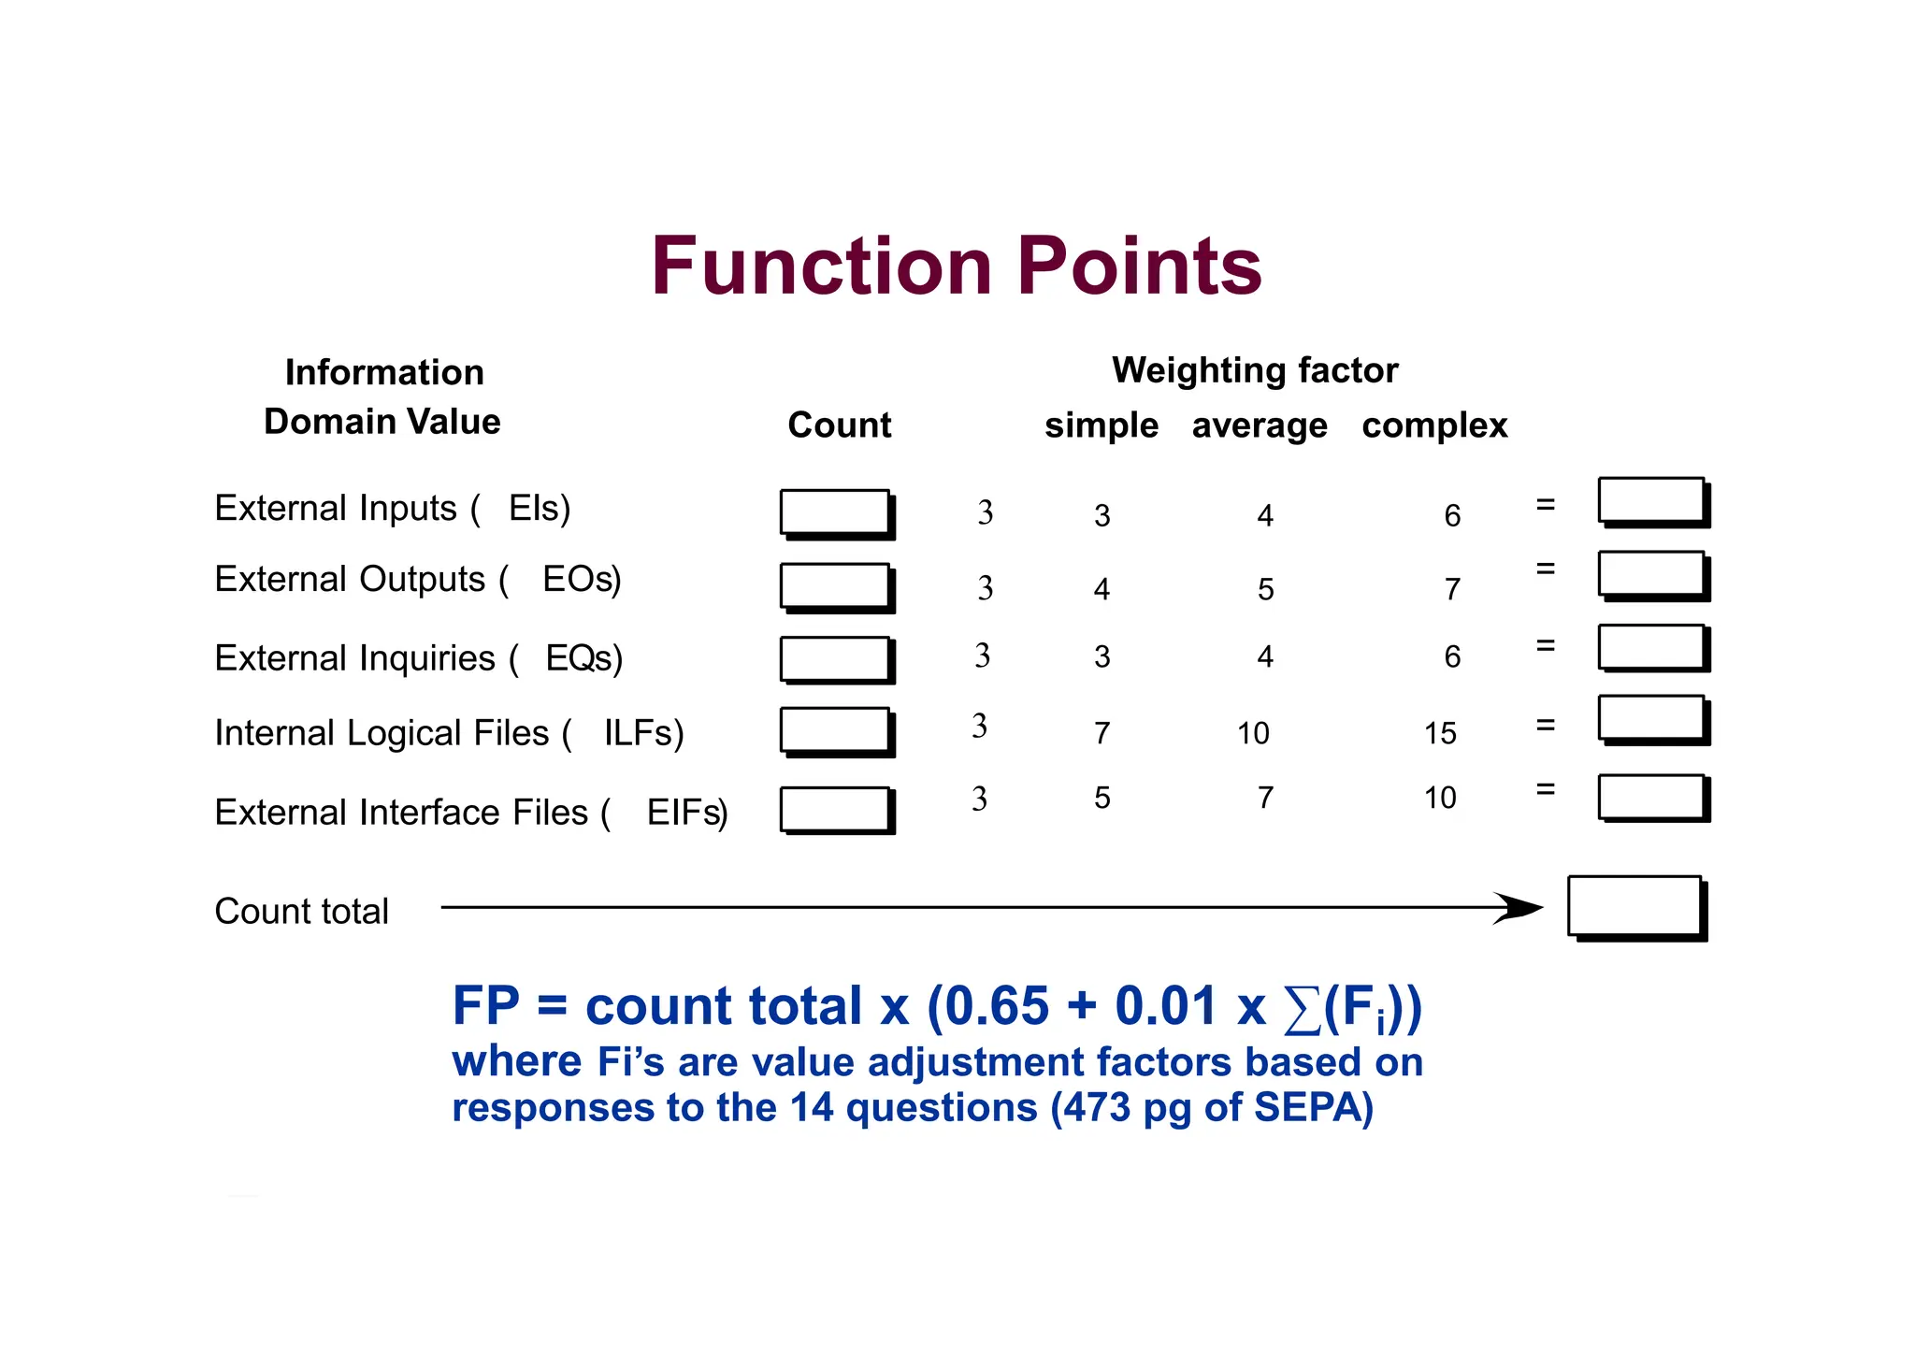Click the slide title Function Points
coord(956,266)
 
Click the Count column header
coord(839,425)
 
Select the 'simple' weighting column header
coord(1101,425)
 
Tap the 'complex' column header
coord(1433,425)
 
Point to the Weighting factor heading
coord(1254,370)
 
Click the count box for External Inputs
coord(835,511)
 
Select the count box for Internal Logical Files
coord(835,729)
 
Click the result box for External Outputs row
coord(1651,573)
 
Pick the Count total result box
coord(1634,905)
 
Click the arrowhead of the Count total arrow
coord(1519,907)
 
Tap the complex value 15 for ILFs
coord(1440,733)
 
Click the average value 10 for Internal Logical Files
coord(1253,733)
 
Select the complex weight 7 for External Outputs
coord(1451,589)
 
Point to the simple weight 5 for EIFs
coord(1102,798)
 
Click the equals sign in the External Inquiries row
coord(1545,645)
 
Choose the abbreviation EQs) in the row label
coord(583,658)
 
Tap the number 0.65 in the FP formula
coord(997,1006)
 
